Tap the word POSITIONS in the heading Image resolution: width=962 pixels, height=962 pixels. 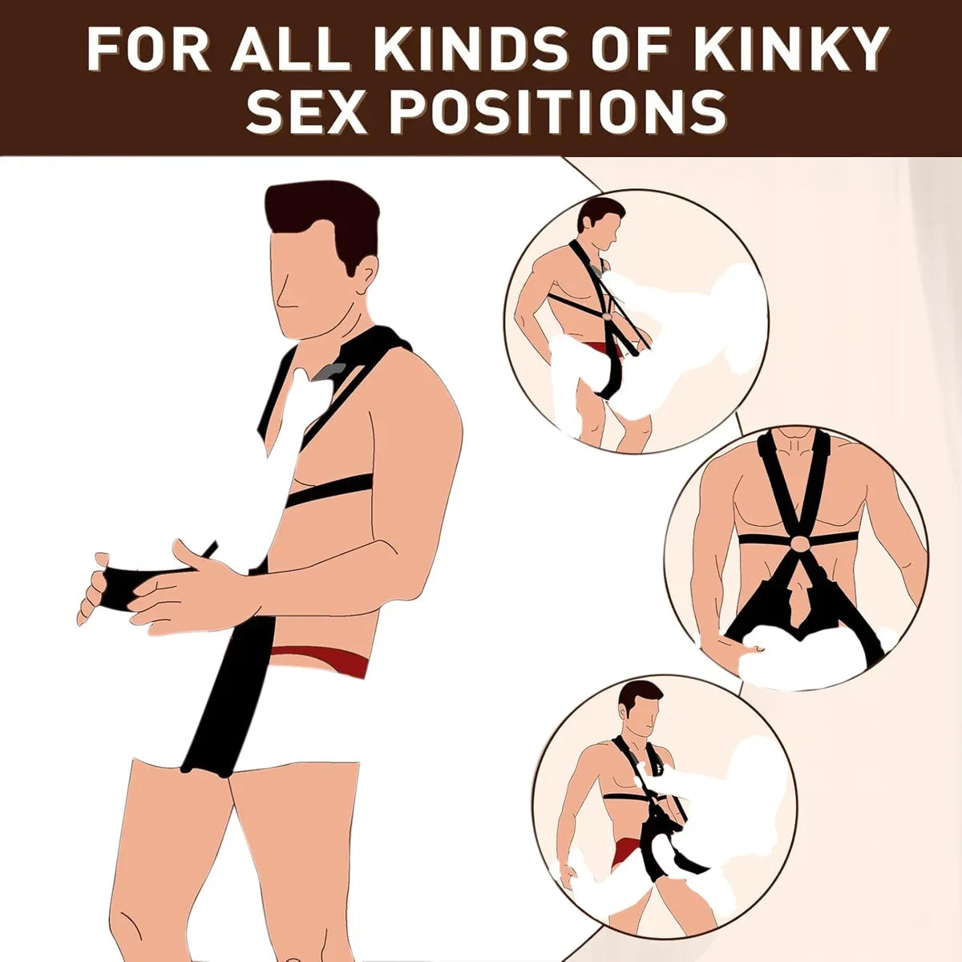561,112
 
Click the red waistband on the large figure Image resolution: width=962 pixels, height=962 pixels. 321,657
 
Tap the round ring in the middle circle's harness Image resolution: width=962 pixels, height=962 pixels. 798,544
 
